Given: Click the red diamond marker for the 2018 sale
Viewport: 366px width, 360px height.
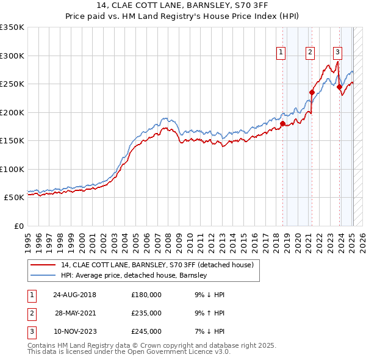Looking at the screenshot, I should pyautogui.click(x=282, y=123).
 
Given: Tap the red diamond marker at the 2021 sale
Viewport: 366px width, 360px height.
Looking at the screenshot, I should pyautogui.click(x=312, y=93).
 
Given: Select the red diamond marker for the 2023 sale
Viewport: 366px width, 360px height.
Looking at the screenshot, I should pyautogui.click(x=339, y=87).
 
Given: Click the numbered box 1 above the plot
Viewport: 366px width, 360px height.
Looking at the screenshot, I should pyautogui.click(x=281, y=53).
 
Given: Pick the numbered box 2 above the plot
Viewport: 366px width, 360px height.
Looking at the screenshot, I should pyautogui.click(x=310, y=53).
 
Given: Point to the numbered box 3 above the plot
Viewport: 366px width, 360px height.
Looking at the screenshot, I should pyautogui.click(x=337, y=53).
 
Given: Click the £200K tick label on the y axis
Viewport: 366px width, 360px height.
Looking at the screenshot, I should pyautogui.click(x=12, y=112).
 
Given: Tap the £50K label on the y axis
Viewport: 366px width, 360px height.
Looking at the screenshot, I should pyautogui.click(x=14, y=198).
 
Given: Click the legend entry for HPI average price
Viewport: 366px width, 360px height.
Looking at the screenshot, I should pyautogui.click(x=134, y=275).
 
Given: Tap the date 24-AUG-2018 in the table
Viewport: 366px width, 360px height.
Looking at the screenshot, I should pyautogui.click(x=74, y=295).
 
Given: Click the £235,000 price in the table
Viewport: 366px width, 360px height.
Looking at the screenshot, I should pyautogui.click(x=146, y=313).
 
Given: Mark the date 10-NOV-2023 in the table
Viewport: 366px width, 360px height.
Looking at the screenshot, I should pyautogui.click(x=74, y=331).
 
